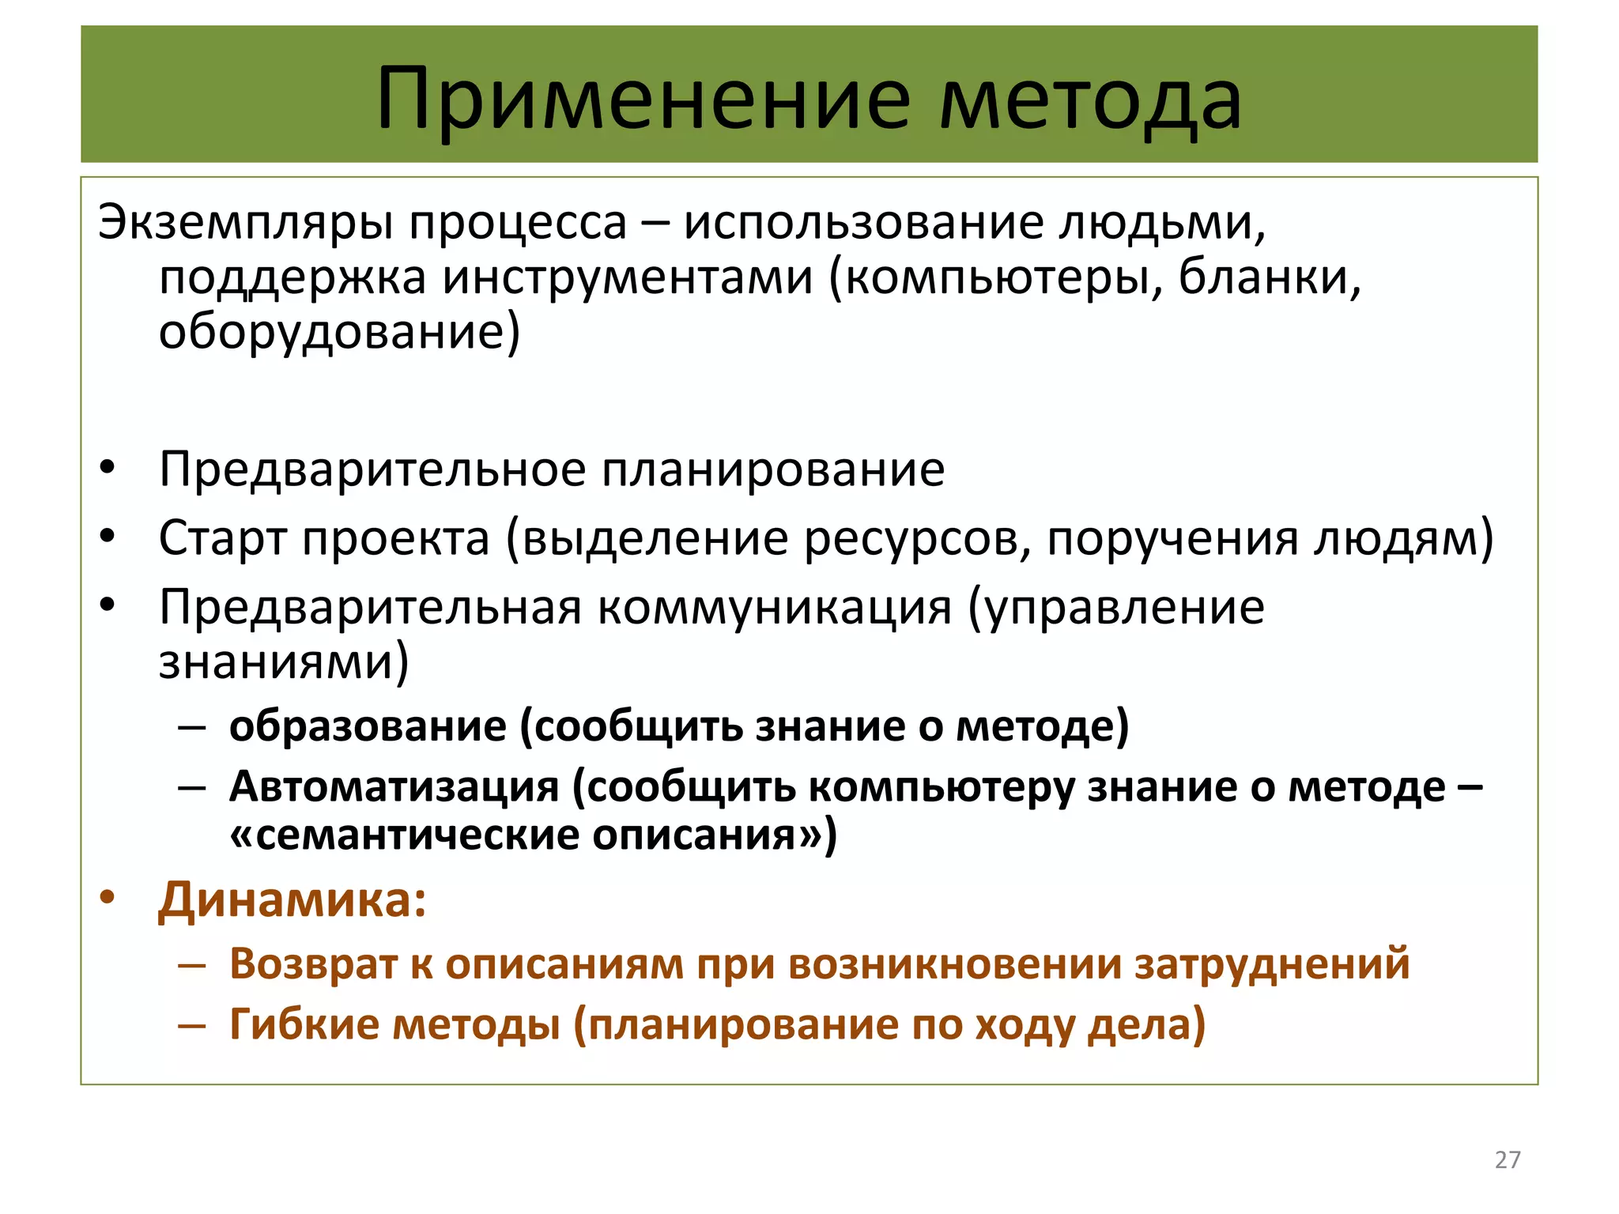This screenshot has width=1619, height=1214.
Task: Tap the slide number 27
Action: pyautogui.click(x=1508, y=1159)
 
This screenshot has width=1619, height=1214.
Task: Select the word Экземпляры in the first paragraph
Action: pyautogui.click(x=245, y=224)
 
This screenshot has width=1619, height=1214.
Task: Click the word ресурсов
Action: pyautogui.click(x=917, y=539)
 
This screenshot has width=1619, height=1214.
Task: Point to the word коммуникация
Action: pyautogui.click(x=774, y=608)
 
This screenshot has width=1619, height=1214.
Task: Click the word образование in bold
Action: pyautogui.click(x=368, y=726)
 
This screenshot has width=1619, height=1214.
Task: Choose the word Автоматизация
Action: pyautogui.click(x=394, y=787)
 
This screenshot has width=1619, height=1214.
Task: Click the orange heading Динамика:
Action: pyautogui.click(x=292, y=900)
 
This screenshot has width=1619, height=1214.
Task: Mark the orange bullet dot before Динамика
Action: pyautogui.click(x=108, y=899)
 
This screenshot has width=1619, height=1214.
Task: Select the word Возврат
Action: pyautogui.click(x=313, y=963)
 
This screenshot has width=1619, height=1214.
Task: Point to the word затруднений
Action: pyautogui.click(x=1272, y=963)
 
